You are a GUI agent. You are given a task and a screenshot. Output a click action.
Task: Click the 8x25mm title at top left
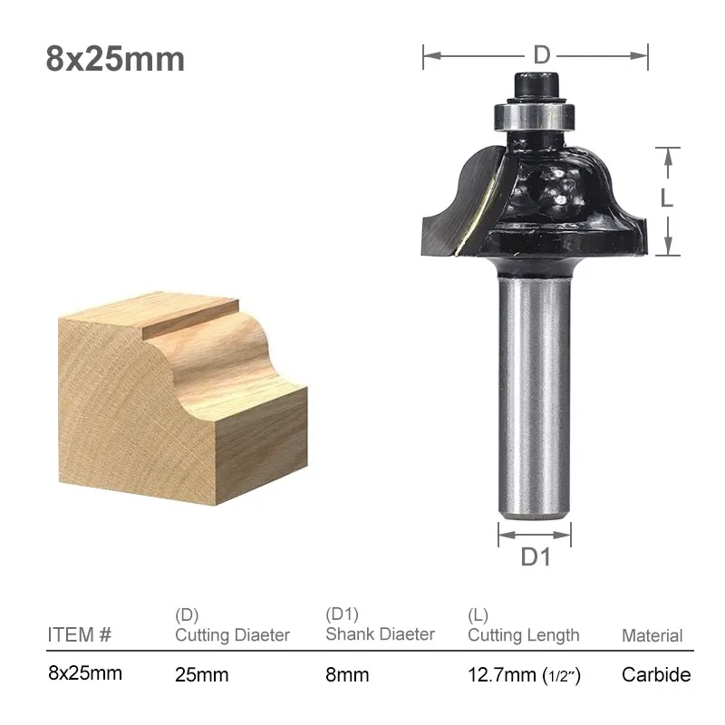pyautogui.click(x=115, y=59)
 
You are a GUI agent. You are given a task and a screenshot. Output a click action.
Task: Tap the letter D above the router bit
pyautogui.click(x=541, y=55)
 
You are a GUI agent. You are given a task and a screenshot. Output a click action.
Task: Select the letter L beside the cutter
pyautogui.click(x=666, y=198)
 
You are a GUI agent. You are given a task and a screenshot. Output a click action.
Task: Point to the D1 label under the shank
pyautogui.click(x=536, y=556)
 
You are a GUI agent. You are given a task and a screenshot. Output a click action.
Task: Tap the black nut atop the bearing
pyautogui.click(x=536, y=86)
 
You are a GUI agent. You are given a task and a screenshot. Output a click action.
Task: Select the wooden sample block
pyautogui.click(x=183, y=398)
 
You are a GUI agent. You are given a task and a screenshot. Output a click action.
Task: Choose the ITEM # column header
pyautogui.click(x=80, y=635)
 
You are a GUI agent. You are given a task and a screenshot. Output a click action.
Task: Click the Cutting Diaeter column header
pyautogui.click(x=232, y=635)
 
